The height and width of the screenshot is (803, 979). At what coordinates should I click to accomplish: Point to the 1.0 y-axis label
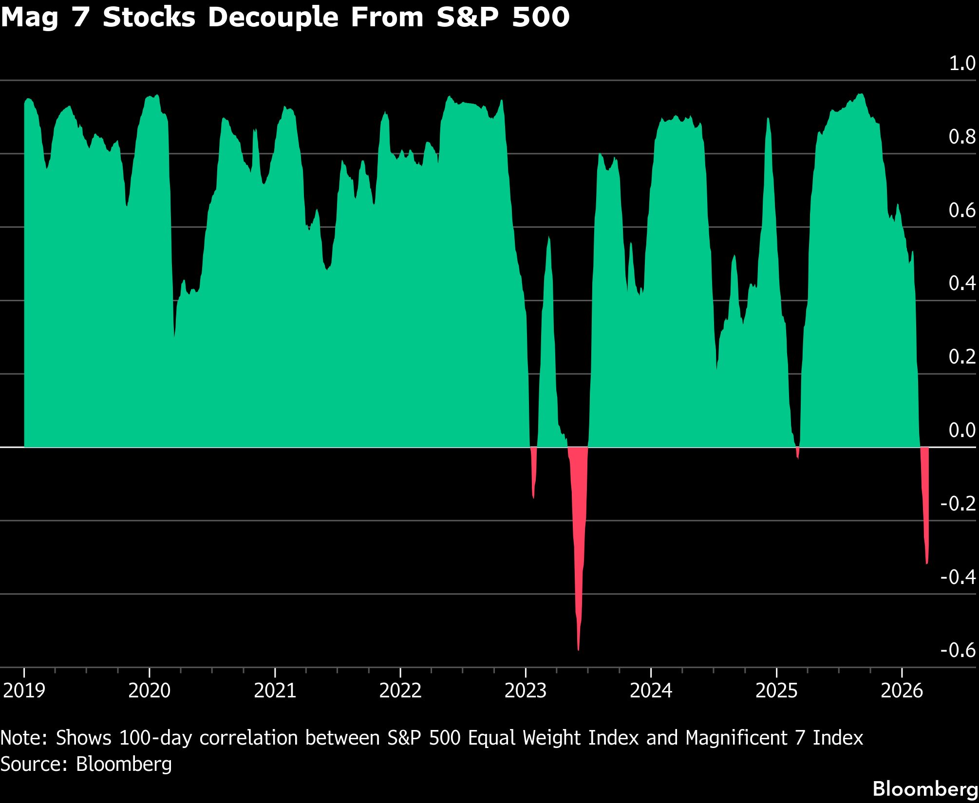(x=962, y=63)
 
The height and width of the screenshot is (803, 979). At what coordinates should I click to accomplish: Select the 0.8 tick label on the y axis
(x=962, y=137)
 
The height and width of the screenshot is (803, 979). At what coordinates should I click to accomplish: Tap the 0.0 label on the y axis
(x=962, y=430)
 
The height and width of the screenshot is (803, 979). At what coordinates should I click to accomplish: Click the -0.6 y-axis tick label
(x=958, y=650)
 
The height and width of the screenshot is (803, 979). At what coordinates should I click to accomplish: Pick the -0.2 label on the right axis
(x=958, y=503)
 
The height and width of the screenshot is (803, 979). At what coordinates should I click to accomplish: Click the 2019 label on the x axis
(x=24, y=691)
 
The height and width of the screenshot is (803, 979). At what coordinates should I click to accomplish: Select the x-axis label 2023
(x=526, y=691)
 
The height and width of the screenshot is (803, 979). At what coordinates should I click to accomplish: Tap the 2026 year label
(x=902, y=691)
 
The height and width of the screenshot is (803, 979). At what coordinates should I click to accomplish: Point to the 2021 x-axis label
(x=275, y=691)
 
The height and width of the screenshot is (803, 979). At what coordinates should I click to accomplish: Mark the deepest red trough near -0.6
(x=578, y=649)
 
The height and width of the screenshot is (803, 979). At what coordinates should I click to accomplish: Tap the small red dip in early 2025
(x=797, y=457)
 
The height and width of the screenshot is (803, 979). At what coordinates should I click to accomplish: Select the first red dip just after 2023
(x=533, y=497)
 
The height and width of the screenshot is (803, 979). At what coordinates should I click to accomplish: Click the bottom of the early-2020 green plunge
(x=174, y=336)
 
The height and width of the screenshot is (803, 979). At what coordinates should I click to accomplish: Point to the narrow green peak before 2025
(x=768, y=119)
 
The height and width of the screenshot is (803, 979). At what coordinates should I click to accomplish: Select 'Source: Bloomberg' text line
(x=86, y=764)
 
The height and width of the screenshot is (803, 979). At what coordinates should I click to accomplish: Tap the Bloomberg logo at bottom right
(x=925, y=789)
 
